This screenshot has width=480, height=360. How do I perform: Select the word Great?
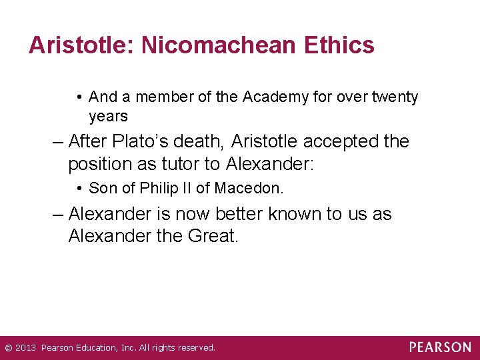coord(214,236)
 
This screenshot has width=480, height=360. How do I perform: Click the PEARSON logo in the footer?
coord(440,347)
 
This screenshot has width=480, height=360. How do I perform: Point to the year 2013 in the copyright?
coord(25,348)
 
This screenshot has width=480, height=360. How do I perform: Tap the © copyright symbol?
coord(8,348)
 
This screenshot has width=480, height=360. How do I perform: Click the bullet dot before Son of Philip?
coord(79,189)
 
